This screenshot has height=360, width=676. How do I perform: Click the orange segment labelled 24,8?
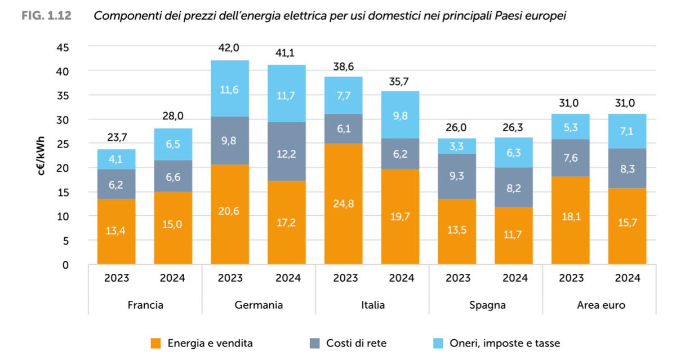[x=343, y=203]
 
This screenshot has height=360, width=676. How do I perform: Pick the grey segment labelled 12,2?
[x=286, y=152]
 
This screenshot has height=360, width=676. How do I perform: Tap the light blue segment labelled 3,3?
[x=457, y=146]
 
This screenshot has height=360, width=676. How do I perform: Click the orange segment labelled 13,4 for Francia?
[x=116, y=231]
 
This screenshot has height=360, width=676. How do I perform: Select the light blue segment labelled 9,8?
[x=399, y=115]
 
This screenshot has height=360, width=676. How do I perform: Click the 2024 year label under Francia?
[x=172, y=278]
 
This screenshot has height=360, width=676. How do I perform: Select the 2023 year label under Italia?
[x=343, y=278]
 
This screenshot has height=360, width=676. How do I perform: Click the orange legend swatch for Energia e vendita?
[x=156, y=343]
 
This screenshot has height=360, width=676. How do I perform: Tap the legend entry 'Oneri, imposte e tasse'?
[x=505, y=343]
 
